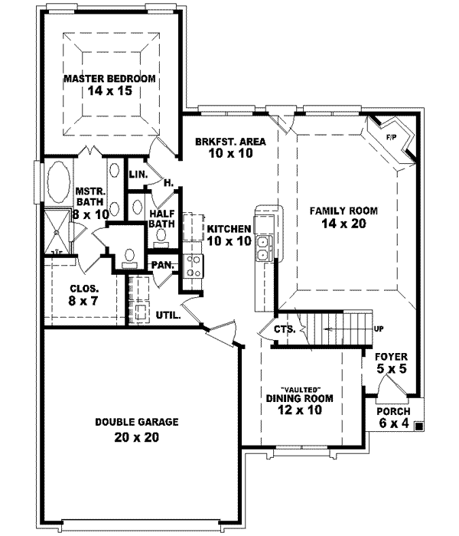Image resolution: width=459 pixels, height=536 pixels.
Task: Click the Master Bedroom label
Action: pos(109,79)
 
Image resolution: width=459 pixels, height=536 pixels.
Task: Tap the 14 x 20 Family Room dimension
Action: pos(343,224)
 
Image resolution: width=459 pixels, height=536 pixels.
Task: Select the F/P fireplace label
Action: pos(391,137)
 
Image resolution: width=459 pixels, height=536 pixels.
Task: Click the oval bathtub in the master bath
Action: pos(57,184)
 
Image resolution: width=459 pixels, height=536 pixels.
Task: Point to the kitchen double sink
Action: pos(264,248)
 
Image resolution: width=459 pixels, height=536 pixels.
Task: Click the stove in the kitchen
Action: pos(192,266)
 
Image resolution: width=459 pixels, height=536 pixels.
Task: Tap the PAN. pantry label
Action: pos(161,265)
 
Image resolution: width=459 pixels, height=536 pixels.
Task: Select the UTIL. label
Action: pos(168,314)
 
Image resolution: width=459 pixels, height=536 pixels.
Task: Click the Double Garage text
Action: pos(137,421)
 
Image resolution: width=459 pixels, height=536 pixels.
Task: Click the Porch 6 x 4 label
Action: pos(395,417)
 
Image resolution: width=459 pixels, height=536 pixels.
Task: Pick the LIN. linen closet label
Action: pos(138,175)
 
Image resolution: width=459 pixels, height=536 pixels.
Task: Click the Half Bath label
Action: pos(162,218)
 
